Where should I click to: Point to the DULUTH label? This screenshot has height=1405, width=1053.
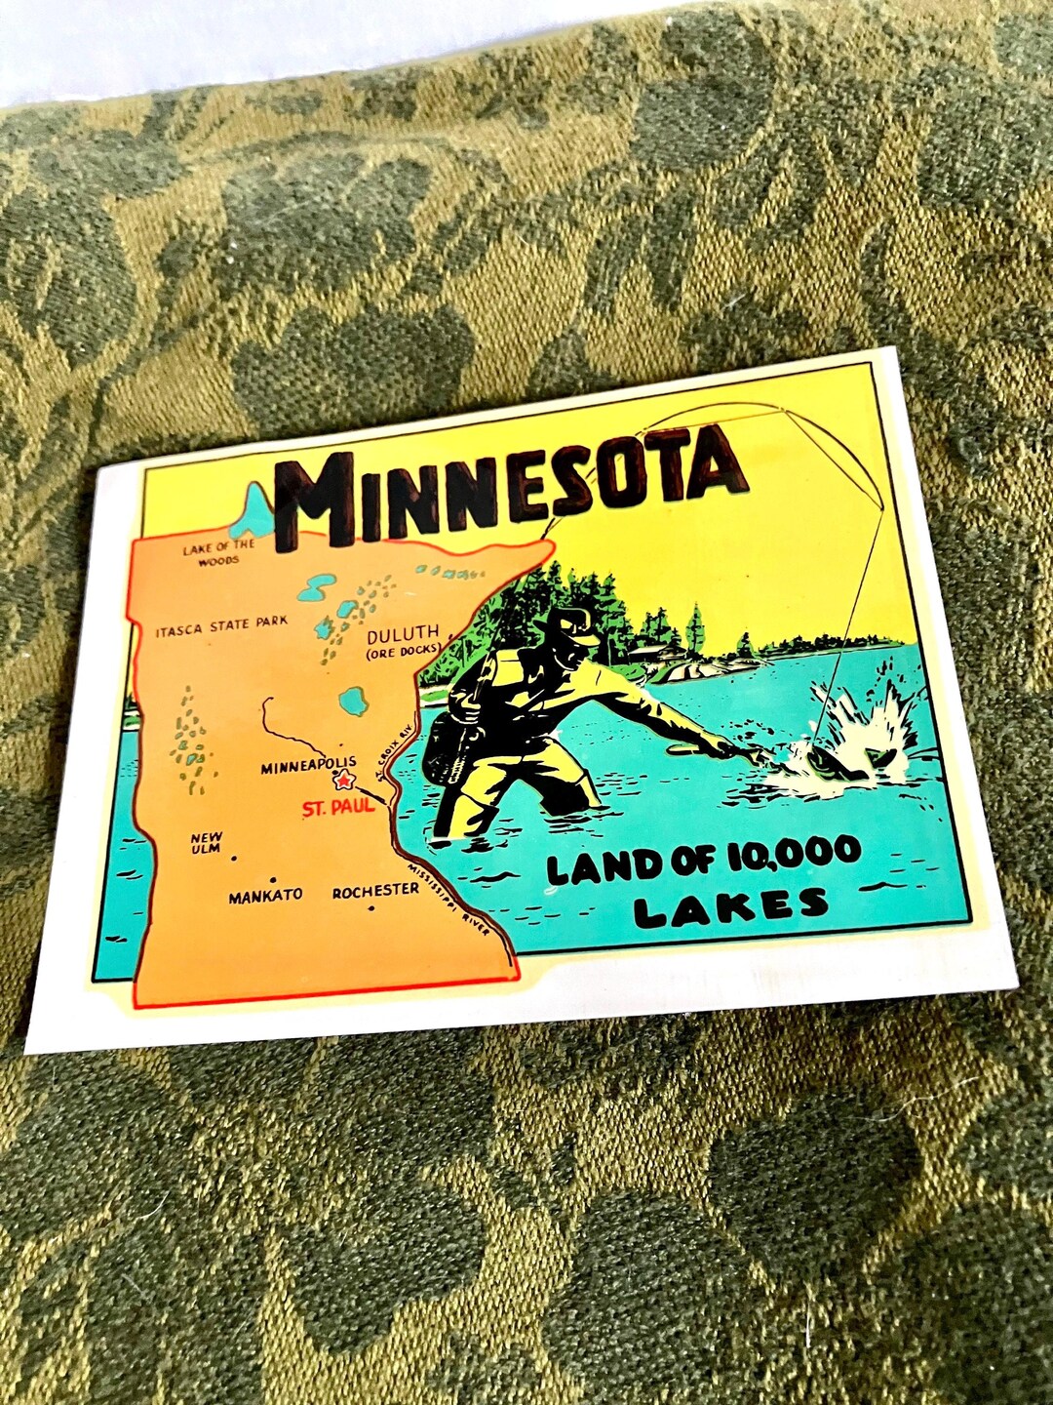403,632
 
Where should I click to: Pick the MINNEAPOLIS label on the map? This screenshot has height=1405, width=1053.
308,767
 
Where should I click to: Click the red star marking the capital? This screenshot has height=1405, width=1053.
343,781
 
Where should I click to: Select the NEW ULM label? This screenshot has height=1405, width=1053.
206,843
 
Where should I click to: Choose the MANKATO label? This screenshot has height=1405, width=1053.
265,895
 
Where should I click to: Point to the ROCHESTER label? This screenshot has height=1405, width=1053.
375,891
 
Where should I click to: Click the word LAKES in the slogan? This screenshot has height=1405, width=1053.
731,906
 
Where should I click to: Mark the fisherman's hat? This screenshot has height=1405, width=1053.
575,623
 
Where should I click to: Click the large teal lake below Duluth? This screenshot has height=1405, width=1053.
352,700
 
